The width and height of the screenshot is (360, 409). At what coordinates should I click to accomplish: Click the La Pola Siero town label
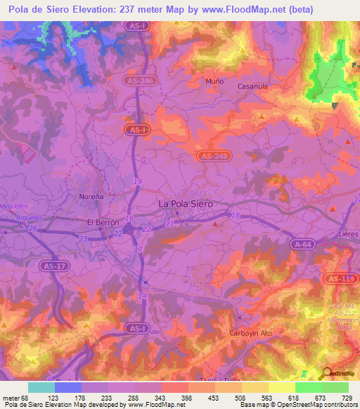pyautogui.click(x=185, y=203)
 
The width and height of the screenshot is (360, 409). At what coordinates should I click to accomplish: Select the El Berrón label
pyautogui.click(x=100, y=222)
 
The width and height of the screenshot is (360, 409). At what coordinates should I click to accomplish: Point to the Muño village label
pyautogui.click(x=214, y=82)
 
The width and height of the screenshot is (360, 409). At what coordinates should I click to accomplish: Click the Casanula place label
pyautogui.click(x=252, y=86)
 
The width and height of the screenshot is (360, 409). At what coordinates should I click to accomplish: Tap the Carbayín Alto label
pyautogui.click(x=251, y=332)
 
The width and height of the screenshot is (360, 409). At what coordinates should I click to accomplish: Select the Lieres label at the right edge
pyautogui.click(x=349, y=231)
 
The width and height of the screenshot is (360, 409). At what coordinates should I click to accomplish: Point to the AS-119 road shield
pyautogui.click(x=340, y=279)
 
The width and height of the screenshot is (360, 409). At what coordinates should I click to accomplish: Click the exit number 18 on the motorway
pyautogui.click(x=236, y=215)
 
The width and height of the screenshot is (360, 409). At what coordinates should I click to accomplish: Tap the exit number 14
pyautogui.click(x=143, y=296)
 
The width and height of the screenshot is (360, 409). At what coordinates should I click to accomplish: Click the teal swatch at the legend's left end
pyautogui.click(x=41, y=387)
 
